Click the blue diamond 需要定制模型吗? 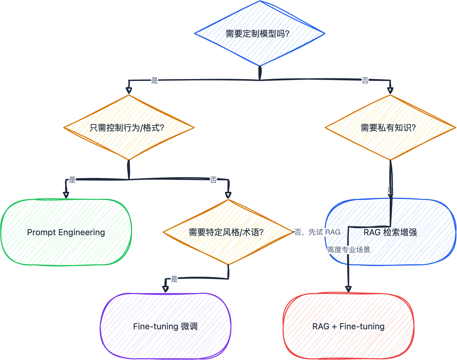[x=260, y=33]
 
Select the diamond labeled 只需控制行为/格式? [x=129, y=127]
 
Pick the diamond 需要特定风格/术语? [x=228, y=232]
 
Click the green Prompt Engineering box [x=66, y=232]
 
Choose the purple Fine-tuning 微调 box [x=165, y=326]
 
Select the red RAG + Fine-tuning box [x=348, y=326]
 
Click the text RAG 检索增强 [x=390, y=232]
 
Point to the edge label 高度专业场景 [x=349, y=250]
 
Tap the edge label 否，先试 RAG [x=317, y=232]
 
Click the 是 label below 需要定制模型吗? [x=155, y=80]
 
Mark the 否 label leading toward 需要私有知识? [x=365, y=80]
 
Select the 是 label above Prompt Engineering [x=72, y=180]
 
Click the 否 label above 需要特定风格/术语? [x=213, y=180]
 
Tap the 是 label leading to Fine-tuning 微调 [x=174, y=279]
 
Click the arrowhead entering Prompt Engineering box [x=66, y=195]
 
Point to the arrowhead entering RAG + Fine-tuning [x=348, y=289]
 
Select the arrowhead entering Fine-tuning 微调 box [x=165, y=289]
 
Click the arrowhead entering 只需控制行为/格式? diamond [x=129, y=90]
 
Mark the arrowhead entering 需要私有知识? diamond [x=390, y=90]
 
